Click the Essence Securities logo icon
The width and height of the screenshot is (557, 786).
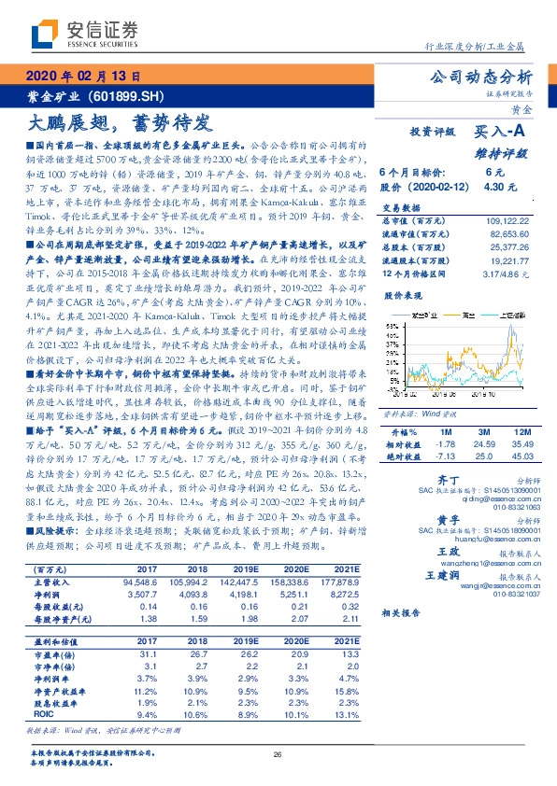(48, 35)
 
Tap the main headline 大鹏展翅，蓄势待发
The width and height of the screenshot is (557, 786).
(109, 121)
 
